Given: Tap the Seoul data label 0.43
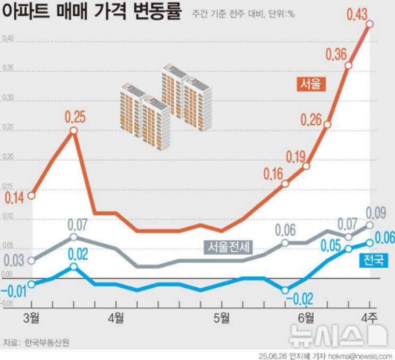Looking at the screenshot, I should [x=357, y=13].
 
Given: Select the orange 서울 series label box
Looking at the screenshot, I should [x=311, y=83].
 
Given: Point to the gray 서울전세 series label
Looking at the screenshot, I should [x=229, y=246].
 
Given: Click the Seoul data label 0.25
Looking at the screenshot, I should [x=74, y=116].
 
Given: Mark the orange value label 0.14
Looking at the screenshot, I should [x=15, y=198].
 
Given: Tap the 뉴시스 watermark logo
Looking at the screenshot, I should [x=338, y=334].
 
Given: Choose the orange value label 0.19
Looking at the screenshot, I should [x=296, y=157].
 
